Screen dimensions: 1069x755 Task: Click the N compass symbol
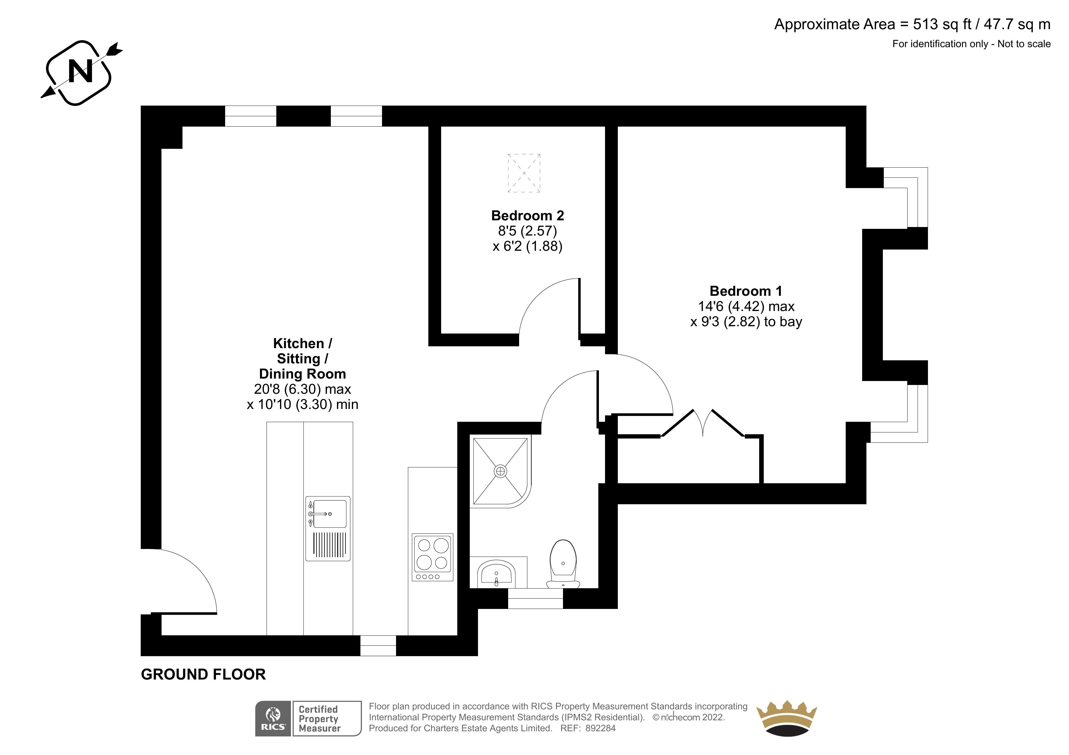click(81, 72)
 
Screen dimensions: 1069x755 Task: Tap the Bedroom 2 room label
click(528, 216)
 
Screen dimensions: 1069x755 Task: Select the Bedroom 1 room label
click(746, 291)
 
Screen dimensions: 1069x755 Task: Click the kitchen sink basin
click(330, 514)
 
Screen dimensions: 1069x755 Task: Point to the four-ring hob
click(433, 557)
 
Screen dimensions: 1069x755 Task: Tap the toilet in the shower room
click(563, 564)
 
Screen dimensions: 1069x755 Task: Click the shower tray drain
click(501, 471)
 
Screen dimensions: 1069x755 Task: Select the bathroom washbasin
click(496, 574)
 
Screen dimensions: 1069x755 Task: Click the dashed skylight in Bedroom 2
click(524, 173)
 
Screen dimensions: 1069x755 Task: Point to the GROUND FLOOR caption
click(204, 675)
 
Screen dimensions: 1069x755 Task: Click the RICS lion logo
click(273, 719)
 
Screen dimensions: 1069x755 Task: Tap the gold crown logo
click(786, 719)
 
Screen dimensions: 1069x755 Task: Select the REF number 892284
click(601, 729)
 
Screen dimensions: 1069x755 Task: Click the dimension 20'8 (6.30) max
click(303, 389)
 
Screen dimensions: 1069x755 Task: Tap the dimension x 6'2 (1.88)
click(528, 246)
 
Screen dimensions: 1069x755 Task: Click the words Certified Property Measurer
click(319, 719)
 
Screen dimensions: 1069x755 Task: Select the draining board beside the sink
click(330, 545)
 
